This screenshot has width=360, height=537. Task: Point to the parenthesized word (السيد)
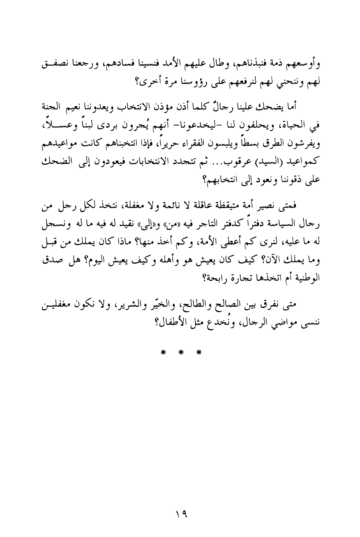click(x=259, y=159)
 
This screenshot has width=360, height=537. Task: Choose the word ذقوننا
click(x=293, y=176)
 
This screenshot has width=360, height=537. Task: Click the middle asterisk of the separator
click(x=180, y=352)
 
